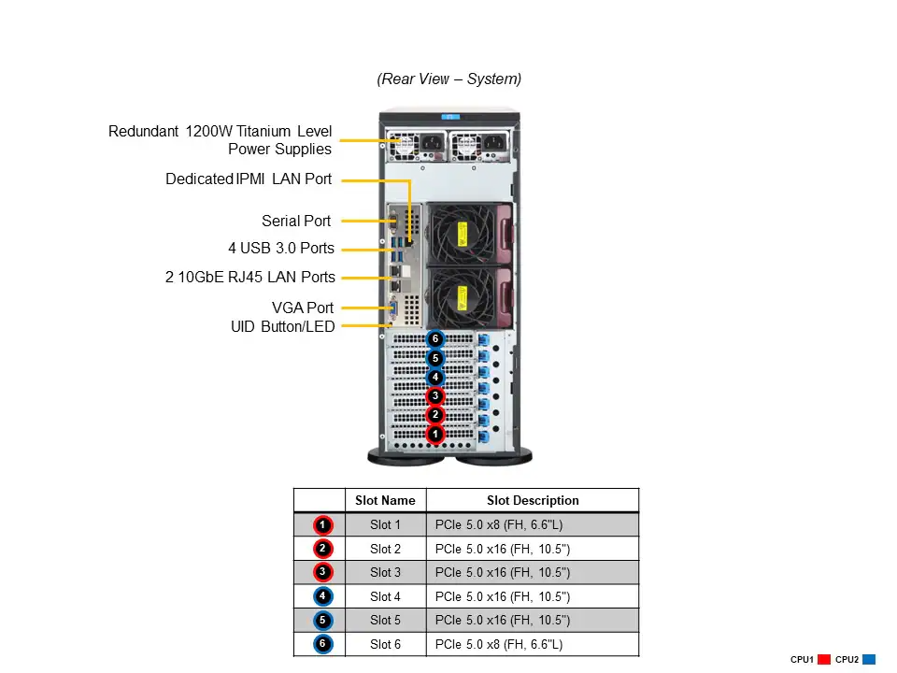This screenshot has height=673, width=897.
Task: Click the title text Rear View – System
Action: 448,79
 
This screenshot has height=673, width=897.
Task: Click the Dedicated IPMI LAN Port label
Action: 248,179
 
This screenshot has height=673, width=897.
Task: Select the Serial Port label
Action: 296,222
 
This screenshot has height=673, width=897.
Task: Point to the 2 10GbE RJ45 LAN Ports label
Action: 250,277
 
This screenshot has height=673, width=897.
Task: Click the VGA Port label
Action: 302,308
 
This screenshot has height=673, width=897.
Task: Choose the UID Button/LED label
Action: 282,326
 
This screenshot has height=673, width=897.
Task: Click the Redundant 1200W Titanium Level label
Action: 220,132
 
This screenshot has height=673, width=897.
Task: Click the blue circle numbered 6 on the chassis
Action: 434,338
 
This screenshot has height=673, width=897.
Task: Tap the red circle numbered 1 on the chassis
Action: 434,434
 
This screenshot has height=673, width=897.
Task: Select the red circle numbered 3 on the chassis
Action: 434,396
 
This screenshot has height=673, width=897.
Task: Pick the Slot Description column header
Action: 533,500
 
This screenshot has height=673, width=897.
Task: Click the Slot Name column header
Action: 385,500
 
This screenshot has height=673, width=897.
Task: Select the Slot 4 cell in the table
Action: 385,596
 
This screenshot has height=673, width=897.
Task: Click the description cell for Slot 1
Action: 533,525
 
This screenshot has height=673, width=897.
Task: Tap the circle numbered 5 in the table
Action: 321,620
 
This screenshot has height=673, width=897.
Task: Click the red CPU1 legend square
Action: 824,660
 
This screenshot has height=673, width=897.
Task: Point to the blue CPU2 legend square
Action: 869,660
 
